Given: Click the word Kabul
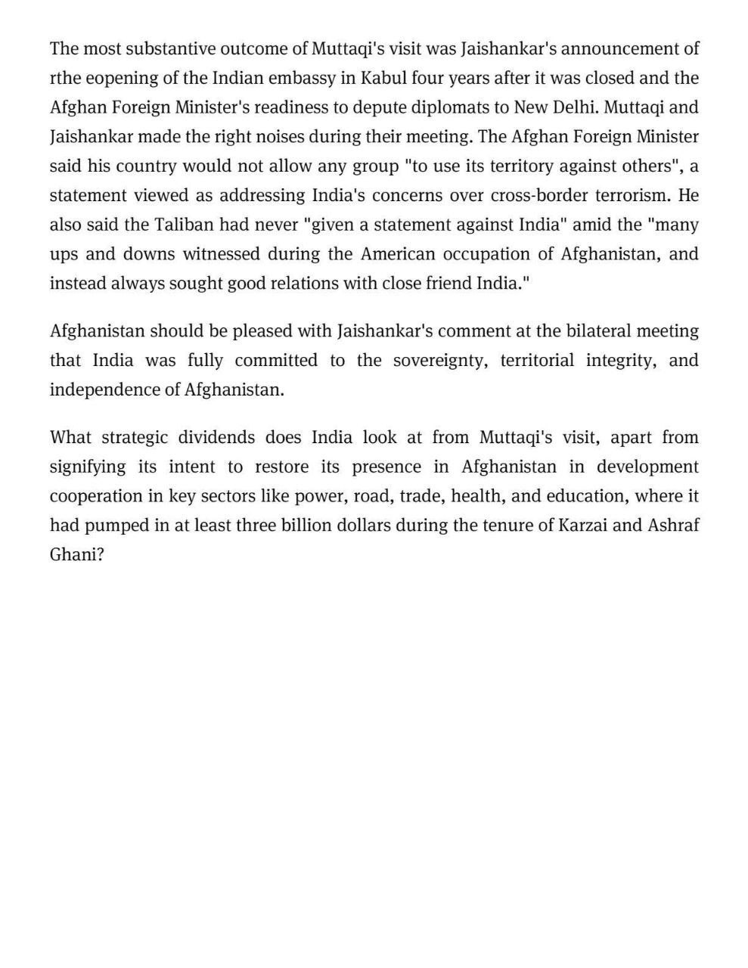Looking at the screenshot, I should (382, 78).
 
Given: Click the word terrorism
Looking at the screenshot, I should (632, 195).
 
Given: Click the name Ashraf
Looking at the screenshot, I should (673, 526).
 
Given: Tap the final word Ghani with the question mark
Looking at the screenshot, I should (76, 554).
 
